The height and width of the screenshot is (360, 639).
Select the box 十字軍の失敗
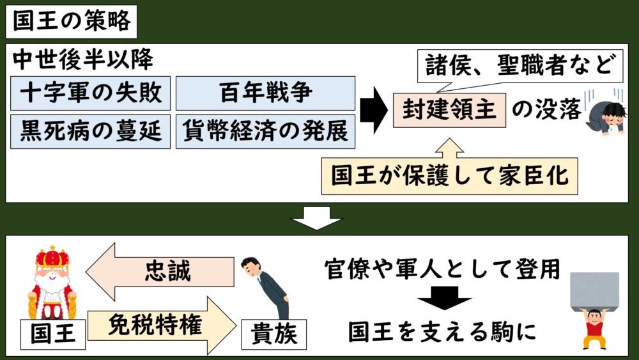[91, 93]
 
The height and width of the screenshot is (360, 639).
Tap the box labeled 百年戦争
[265, 93]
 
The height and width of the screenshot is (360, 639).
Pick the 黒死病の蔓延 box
[91, 132]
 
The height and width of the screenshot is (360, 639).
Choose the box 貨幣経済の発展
[265, 132]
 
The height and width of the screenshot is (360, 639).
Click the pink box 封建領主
[449, 110]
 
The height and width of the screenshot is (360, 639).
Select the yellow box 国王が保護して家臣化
[449, 176]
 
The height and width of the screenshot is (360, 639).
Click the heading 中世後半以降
[83, 60]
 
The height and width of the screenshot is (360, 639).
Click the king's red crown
[52, 257]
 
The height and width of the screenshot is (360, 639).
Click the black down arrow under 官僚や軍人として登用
[444, 298]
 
